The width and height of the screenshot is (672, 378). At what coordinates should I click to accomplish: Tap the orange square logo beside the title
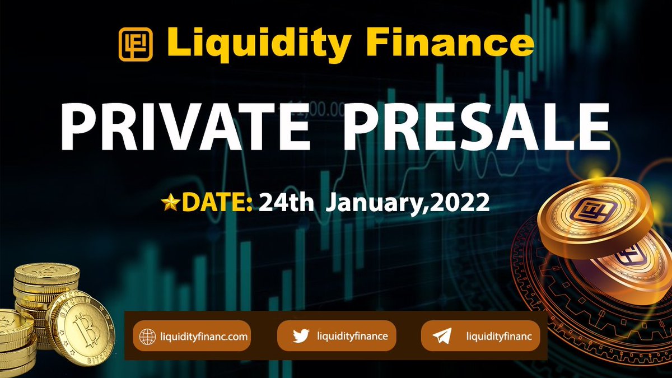(136, 44)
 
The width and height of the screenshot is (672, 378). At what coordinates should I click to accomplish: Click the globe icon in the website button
(147, 337)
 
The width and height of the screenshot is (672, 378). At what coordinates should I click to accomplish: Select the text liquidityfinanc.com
(203, 337)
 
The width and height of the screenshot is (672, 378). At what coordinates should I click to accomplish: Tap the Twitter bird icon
(301, 336)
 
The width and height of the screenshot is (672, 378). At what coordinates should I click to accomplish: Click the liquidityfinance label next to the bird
(352, 336)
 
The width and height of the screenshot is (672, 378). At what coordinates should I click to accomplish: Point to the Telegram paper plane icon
(442, 337)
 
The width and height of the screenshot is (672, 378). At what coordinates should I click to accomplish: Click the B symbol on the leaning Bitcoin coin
(88, 332)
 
